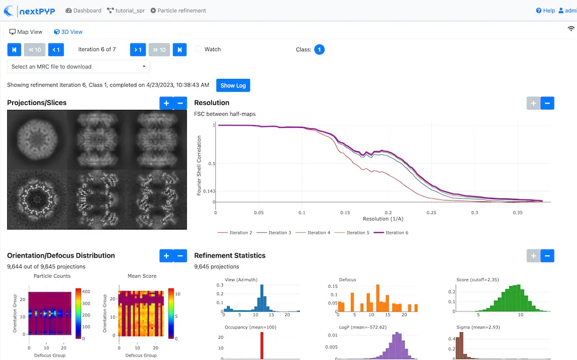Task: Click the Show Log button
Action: point(233,86)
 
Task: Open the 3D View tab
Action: point(68,32)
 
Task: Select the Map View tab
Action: point(26,32)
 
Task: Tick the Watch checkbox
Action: point(199,50)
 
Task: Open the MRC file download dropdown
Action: point(79,66)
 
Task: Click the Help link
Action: point(545,11)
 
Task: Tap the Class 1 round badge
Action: point(319,50)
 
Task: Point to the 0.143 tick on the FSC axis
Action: point(209,191)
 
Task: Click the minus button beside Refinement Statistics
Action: point(547,256)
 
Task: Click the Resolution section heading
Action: point(211,103)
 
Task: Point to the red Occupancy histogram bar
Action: point(261,345)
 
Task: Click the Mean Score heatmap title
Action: point(142,276)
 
